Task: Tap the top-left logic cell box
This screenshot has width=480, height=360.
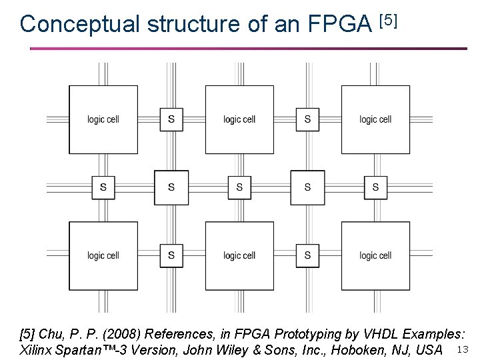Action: [103, 119]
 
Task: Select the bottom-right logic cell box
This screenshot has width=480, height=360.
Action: [375, 255]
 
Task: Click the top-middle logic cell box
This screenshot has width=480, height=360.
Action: [239, 119]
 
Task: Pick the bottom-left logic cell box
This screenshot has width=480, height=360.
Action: [103, 255]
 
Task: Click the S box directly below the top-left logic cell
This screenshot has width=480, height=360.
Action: [103, 187]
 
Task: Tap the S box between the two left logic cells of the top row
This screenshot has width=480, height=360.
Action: [171, 119]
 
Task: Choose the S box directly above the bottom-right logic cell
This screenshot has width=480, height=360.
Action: [375, 187]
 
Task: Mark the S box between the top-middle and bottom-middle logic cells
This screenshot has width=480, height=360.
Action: [239, 187]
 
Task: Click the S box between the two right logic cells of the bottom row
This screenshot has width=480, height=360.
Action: [307, 255]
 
